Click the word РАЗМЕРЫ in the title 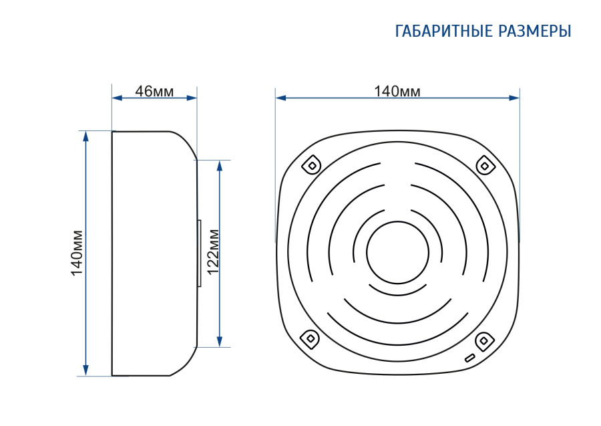(535, 31)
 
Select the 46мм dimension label (154, 92)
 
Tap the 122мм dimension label (213, 251)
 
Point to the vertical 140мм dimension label (77, 253)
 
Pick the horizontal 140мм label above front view (397, 92)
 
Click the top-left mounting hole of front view (312, 165)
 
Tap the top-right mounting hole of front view (485, 166)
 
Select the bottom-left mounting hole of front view (311, 338)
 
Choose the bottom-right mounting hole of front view (484, 341)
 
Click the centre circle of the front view (397, 253)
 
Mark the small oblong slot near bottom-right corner (470, 358)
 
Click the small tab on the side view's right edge (199, 253)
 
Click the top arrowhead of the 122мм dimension (220, 165)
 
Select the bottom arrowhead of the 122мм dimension (220, 342)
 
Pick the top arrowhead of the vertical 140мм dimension (86, 136)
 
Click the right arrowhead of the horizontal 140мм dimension (514, 98)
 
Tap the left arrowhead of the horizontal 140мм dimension (280, 98)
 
